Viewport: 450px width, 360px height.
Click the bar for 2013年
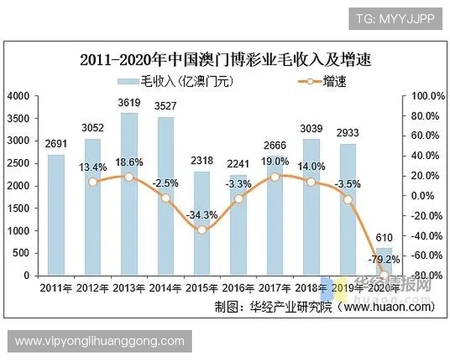coord(129,194)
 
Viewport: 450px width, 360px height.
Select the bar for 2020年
coord(384,262)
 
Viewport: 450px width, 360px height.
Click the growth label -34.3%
coord(202,214)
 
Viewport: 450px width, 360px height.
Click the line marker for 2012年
coord(92,181)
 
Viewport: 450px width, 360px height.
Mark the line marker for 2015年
coord(202,229)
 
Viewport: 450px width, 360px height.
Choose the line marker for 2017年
coord(274,176)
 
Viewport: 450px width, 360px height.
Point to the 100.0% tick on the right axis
coord(420,96)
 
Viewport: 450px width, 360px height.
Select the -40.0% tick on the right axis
coord(420,235)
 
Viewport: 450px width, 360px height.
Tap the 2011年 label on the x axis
coord(56,288)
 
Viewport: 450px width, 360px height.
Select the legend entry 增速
coord(323,79)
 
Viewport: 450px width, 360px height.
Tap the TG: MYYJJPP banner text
coord(394,19)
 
